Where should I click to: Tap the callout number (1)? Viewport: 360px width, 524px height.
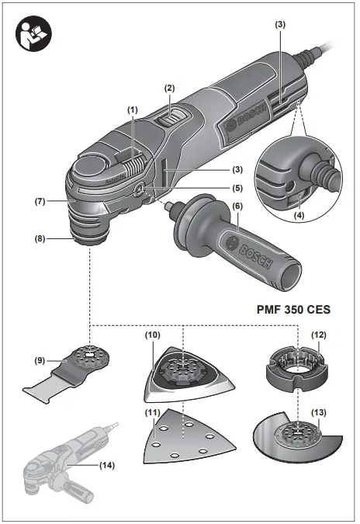pyautogui.click(x=133, y=110)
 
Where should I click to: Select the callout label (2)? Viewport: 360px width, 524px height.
pyautogui.click(x=169, y=89)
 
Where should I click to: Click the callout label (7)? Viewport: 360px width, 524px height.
pyautogui.click(x=40, y=201)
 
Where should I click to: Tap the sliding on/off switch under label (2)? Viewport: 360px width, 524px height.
pyautogui.click(x=174, y=119)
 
